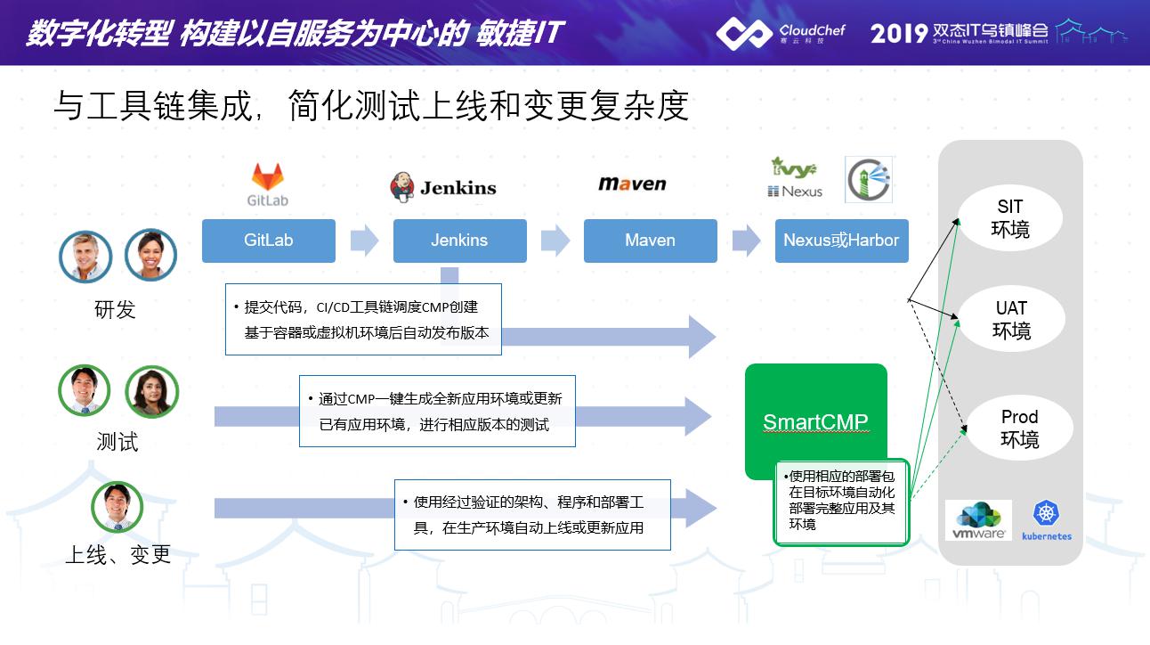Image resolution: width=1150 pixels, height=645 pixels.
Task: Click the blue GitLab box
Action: pos(268,241)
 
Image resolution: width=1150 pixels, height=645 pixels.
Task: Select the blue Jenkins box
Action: pos(459,241)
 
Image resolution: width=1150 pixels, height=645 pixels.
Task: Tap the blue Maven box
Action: pos(650,241)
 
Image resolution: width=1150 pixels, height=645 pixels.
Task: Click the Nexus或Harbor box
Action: pos(841,241)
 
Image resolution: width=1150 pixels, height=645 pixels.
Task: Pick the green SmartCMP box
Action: pos(815,420)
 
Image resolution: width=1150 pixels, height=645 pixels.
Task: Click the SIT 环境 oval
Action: pos(1010,219)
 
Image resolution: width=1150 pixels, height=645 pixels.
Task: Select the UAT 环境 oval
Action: pos(1011,320)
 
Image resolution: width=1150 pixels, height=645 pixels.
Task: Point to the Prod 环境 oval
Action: pos(1019,429)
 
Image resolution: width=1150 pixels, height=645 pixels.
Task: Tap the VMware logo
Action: pos(978,520)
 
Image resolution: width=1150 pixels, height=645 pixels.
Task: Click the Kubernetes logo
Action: pos(1047,520)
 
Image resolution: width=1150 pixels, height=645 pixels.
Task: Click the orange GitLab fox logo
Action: pos(267,176)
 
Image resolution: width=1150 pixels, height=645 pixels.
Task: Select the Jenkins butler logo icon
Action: pos(402,187)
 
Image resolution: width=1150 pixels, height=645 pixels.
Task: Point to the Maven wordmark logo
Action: pos(632,184)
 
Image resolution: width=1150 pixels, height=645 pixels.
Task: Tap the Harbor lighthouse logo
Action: pos(868,180)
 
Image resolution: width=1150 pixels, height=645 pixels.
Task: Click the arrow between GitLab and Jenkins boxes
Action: pos(364,241)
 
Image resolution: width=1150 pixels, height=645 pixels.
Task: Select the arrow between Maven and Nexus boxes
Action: pos(746,241)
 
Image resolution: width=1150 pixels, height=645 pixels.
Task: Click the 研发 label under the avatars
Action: pos(116,309)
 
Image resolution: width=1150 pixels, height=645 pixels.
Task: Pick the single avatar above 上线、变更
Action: pos(117,507)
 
